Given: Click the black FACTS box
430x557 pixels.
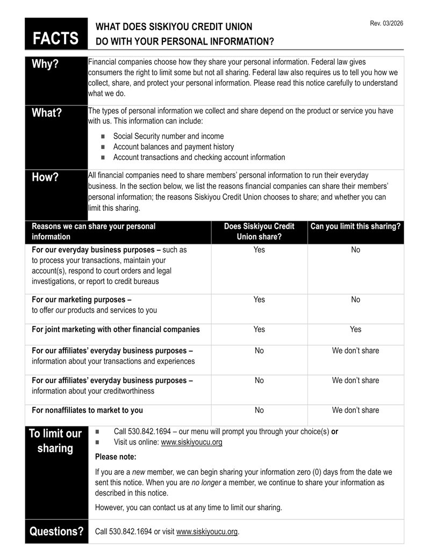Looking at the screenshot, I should pyautogui.click(x=56, y=34).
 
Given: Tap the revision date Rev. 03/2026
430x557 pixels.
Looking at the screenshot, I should pyautogui.click(x=386, y=23).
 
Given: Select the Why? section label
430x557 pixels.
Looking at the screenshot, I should pyautogui.click(x=45, y=64).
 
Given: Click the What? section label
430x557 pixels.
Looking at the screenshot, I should pyautogui.click(x=47, y=113).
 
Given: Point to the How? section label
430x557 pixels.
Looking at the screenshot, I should pyautogui.click(x=45, y=177).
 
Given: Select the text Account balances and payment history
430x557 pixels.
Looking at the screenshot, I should pyautogui.click(x=174, y=146).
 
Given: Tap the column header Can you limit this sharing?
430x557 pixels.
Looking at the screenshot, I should pyautogui.click(x=355, y=227).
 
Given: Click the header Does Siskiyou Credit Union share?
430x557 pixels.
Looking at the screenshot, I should pyautogui.click(x=259, y=231).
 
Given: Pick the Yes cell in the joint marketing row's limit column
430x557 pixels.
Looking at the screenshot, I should pyautogui.click(x=355, y=329).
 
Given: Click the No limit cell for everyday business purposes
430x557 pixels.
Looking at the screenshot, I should pyautogui.click(x=355, y=250).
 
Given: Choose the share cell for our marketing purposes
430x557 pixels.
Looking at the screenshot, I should pyautogui.click(x=259, y=300).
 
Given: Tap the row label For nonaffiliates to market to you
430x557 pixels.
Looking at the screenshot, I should pyautogui.click(x=87, y=410).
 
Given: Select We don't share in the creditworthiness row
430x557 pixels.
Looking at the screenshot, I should pyautogui.click(x=355, y=380).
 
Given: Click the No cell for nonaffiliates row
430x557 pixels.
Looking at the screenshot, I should pyautogui.click(x=259, y=410).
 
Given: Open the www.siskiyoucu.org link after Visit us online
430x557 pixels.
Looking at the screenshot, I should pyautogui.click(x=191, y=442).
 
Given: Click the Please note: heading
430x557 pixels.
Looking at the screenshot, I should pyautogui.click(x=116, y=457).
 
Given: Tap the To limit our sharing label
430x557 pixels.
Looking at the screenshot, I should pyautogui.click(x=55, y=441).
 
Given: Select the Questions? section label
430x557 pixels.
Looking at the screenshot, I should pyautogui.click(x=56, y=532).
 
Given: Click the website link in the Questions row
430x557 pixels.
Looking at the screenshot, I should pyautogui.click(x=206, y=532).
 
